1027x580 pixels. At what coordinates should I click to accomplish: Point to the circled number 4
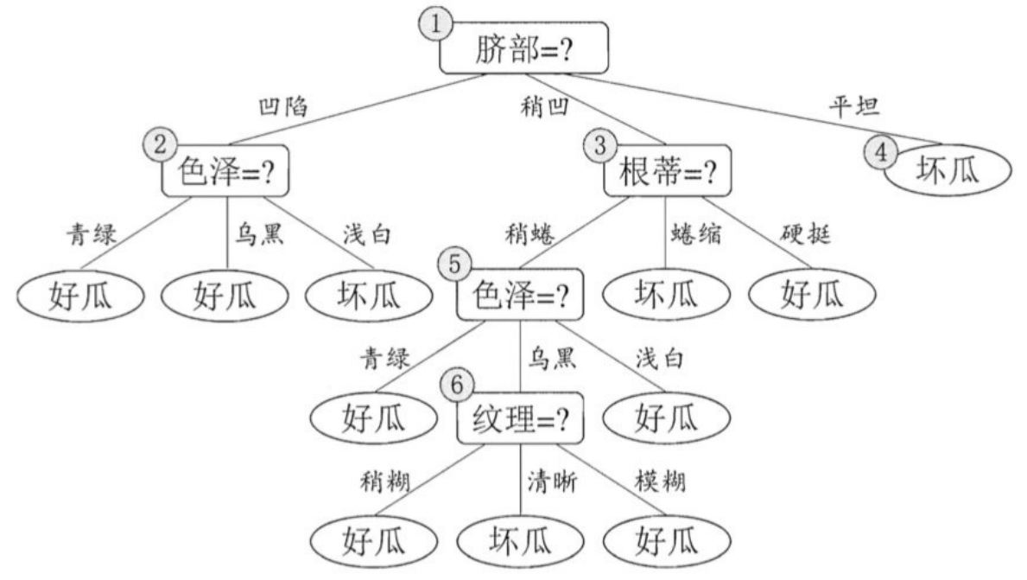[879, 153]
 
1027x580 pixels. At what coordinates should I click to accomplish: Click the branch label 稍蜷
[531, 233]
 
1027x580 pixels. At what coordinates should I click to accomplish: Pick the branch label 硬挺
[804, 233]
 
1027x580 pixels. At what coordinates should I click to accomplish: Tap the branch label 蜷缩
[696, 233]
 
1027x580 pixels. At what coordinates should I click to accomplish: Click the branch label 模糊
[660, 481]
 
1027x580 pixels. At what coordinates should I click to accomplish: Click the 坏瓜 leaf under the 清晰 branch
[520, 542]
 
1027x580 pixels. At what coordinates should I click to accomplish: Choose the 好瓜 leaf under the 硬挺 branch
[811, 295]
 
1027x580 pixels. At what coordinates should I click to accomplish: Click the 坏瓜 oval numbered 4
[948, 169]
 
